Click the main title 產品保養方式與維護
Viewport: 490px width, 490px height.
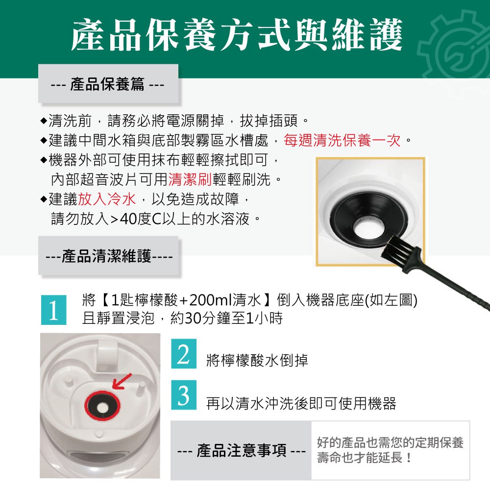coord(237,34)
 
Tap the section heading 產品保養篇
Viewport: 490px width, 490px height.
coord(108,84)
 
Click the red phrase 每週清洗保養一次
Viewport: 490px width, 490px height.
coord(343,140)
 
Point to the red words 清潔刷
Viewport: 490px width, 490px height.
coord(190,179)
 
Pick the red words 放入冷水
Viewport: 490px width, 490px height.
coord(107,199)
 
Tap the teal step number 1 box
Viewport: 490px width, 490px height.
coord(54,310)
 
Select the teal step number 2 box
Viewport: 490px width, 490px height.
coord(184,353)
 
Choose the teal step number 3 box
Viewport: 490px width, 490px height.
coord(184,395)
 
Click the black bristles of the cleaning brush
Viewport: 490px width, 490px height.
coord(397,246)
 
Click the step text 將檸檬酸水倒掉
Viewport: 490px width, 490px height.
coord(257,360)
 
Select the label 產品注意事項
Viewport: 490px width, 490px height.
coord(241,451)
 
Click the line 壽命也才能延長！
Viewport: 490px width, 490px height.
coord(365,458)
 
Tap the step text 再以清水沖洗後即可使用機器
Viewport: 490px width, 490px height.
coord(301,403)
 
